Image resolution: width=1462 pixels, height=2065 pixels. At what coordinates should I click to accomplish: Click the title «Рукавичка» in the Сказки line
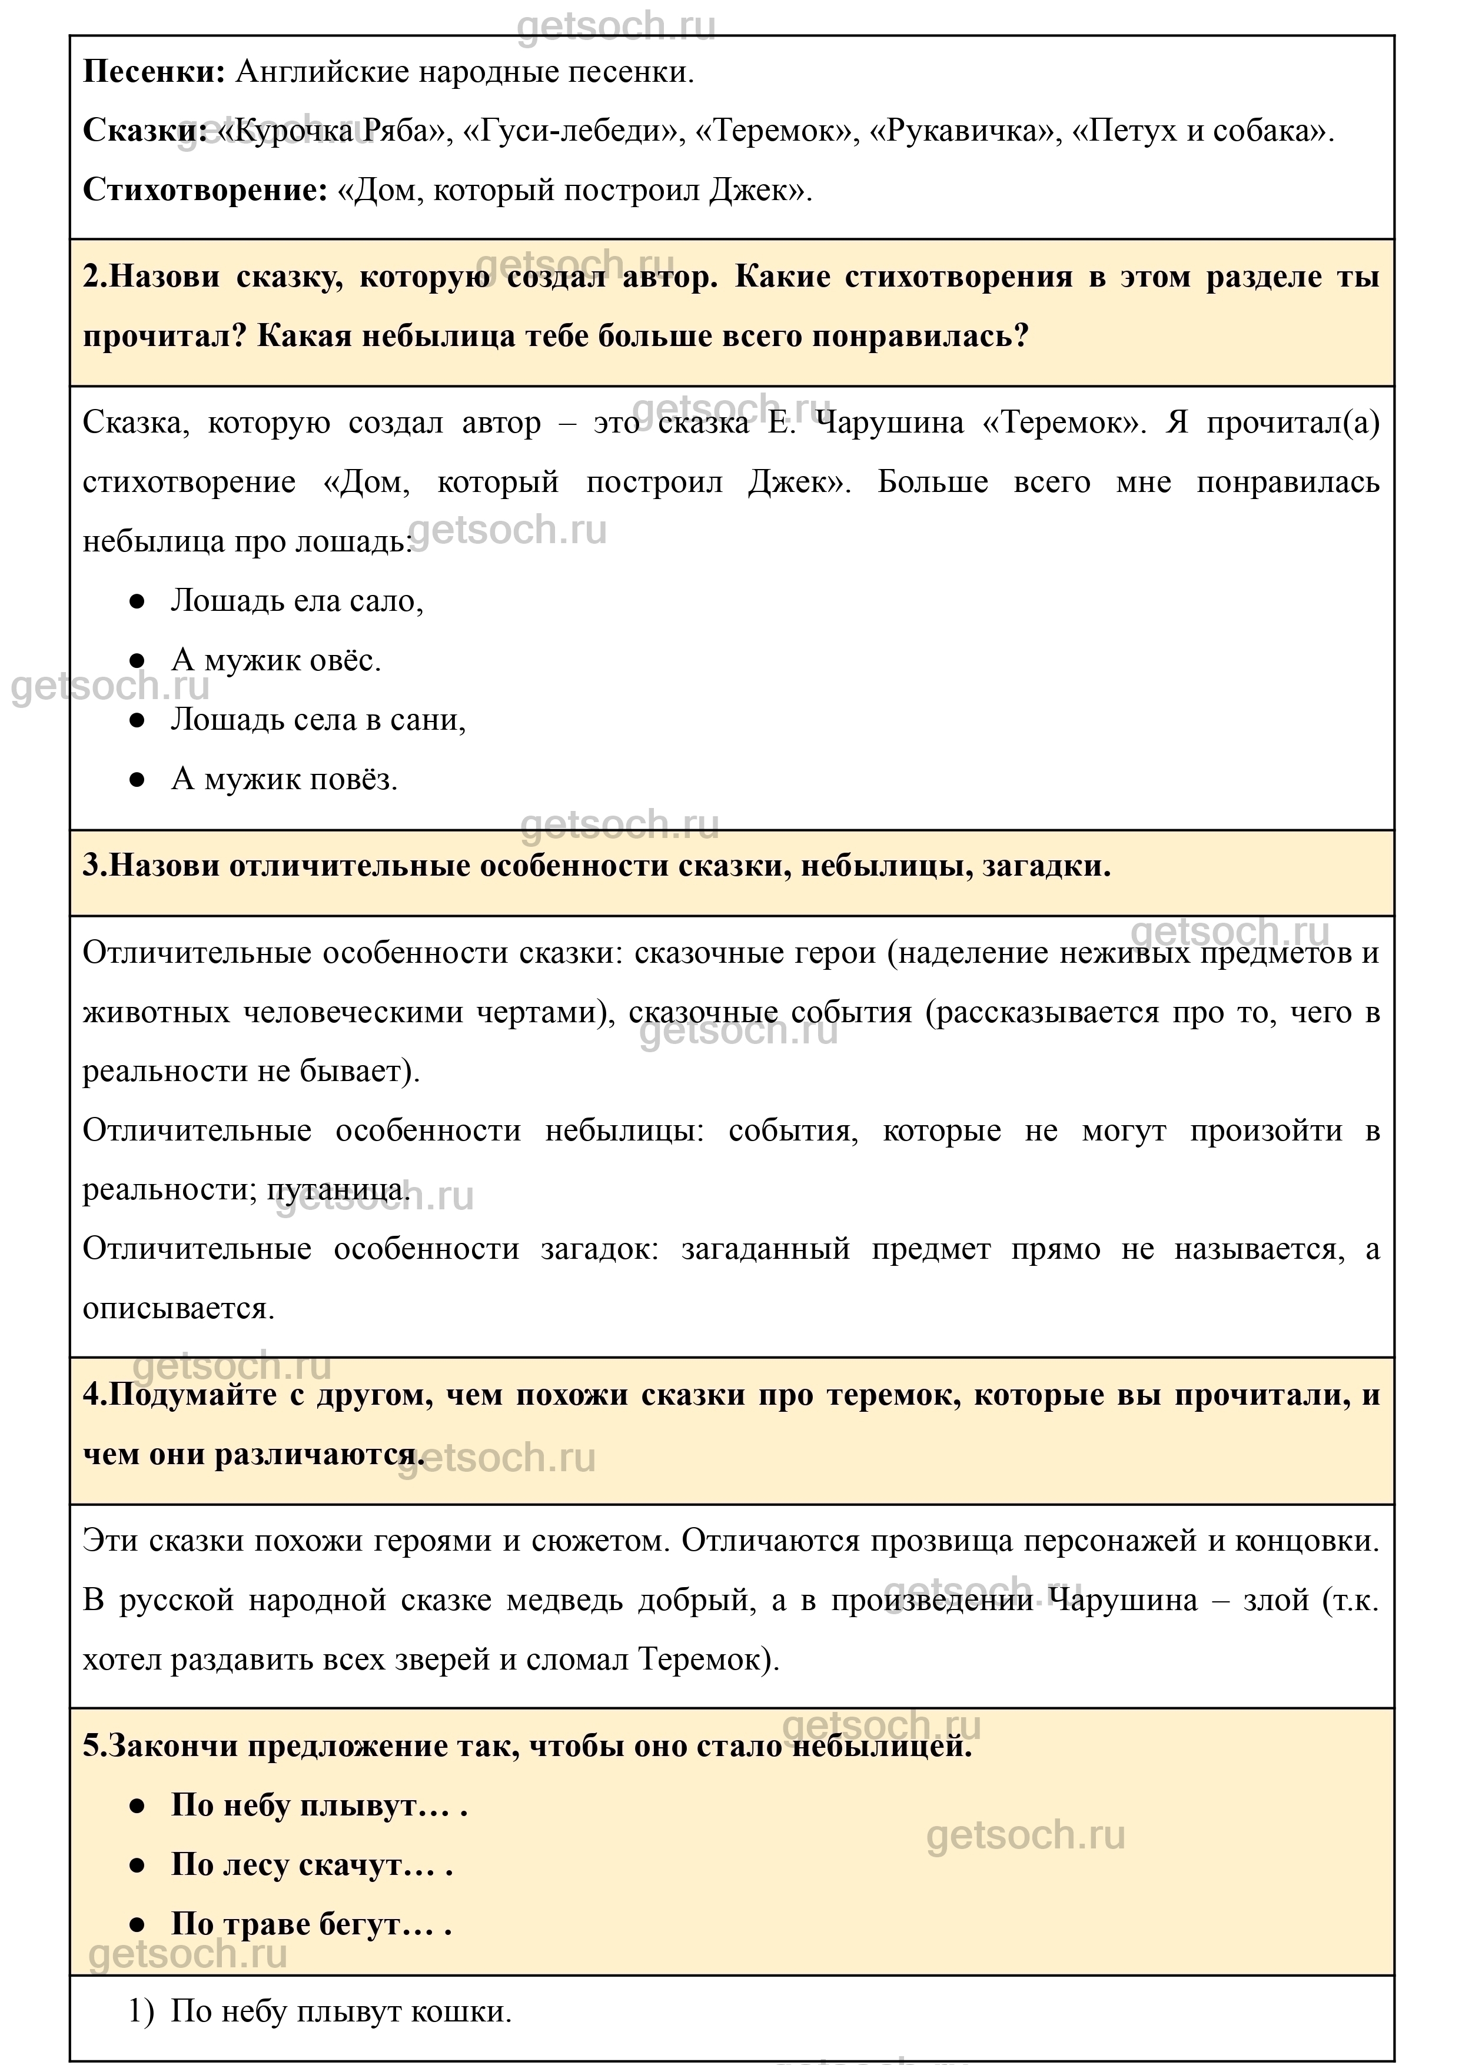[x=962, y=131]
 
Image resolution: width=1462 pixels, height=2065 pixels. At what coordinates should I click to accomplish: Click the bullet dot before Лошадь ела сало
[x=137, y=601]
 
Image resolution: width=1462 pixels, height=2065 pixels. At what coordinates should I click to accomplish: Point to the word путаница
[x=338, y=1190]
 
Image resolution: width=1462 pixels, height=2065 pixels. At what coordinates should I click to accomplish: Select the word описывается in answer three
[x=178, y=1309]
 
